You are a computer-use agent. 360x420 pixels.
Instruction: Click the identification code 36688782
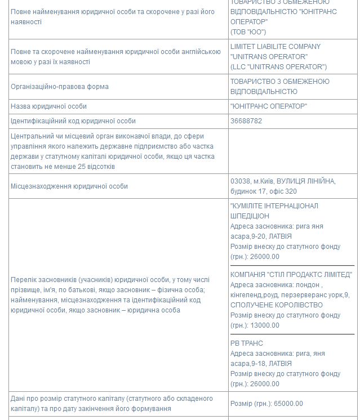pyautogui.click(x=246, y=121)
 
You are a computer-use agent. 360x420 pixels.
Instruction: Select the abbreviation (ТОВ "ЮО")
pyautogui.click(x=248, y=32)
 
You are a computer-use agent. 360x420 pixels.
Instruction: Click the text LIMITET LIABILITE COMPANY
pyautogui.click(x=275, y=47)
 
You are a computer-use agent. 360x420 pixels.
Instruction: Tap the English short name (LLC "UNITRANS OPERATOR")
pyautogui.click(x=278, y=67)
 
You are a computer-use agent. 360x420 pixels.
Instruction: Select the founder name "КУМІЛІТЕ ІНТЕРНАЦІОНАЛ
pyautogui.click(x=274, y=206)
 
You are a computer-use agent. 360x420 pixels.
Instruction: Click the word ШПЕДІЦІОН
pyautogui.click(x=250, y=216)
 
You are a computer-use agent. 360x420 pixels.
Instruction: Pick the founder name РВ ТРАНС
pyautogui.click(x=247, y=343)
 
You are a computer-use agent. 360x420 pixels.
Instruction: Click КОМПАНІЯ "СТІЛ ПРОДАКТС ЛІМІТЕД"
pyautogui.click(x=291, y=275)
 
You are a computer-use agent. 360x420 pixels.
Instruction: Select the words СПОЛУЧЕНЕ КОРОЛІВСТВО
pyautogui.click(x=277, y=305)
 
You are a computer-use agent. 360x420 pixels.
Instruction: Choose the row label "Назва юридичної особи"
pyautogui.click(x=49, y=106)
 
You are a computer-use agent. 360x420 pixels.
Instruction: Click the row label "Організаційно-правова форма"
pyautogui.click(x=60, y=87)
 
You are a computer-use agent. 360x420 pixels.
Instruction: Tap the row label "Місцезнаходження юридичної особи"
pyautogui.click(x=69, y=186)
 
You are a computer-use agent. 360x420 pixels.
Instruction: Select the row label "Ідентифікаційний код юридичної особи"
pyautogui.click(x=73, y=121)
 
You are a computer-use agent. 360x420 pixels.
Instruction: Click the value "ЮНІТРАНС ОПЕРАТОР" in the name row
pyautogui.click(x=269, y=106)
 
